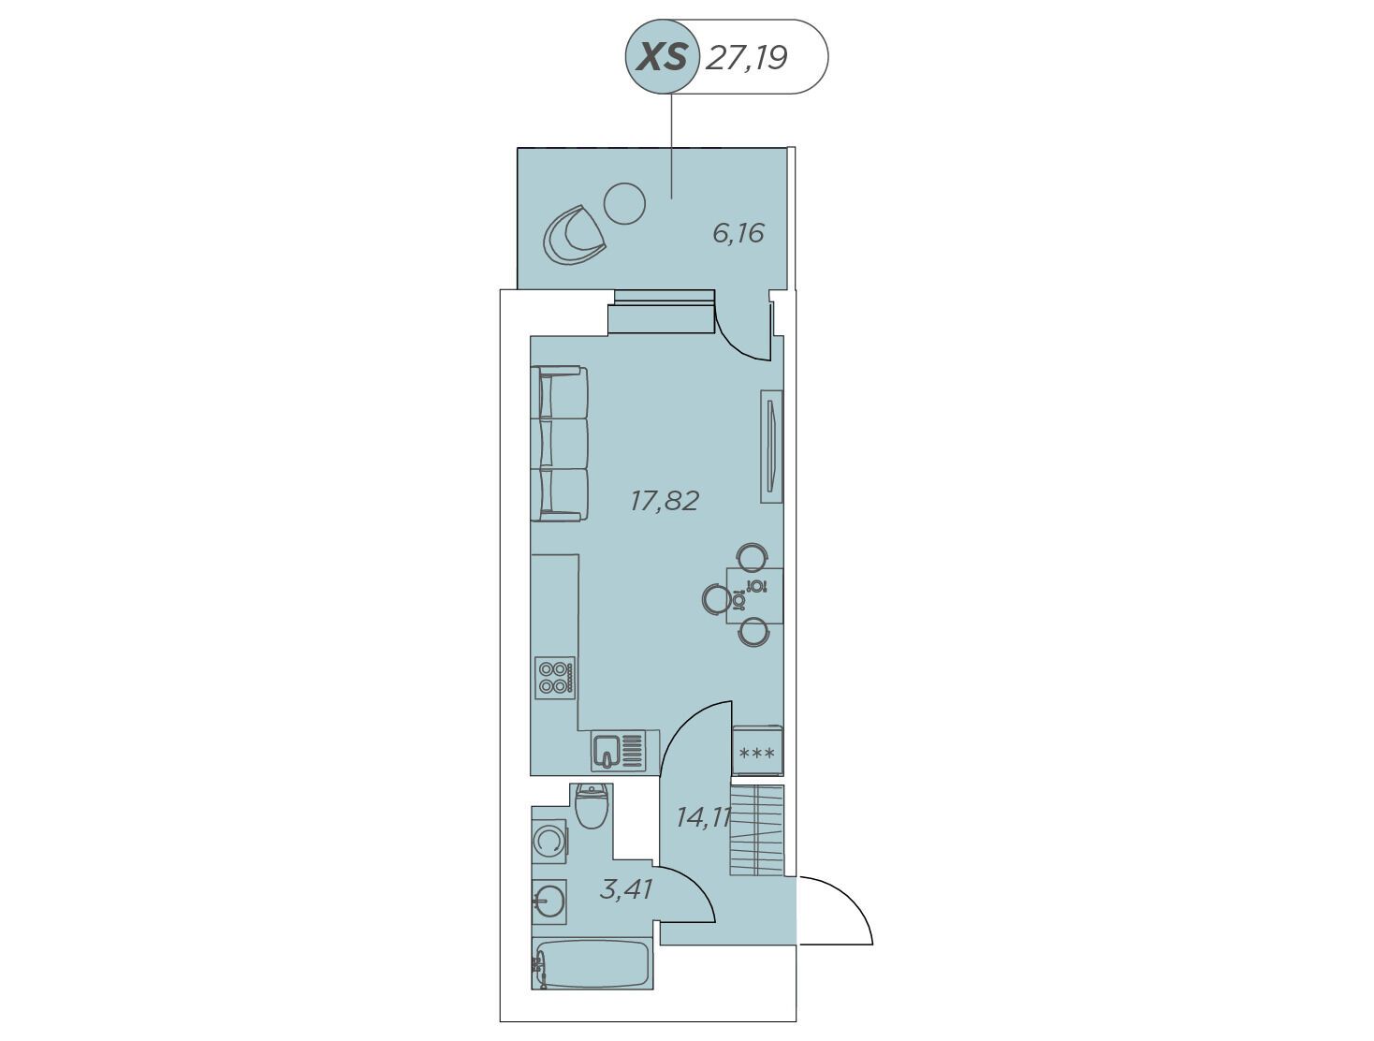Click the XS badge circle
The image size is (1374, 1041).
tap(663, 57)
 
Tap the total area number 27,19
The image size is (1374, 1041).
tap(746, 59)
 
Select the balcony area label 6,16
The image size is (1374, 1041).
tap(738, 233)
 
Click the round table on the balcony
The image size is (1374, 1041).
tap(624, 203)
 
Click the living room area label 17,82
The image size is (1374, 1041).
tap(665, 501)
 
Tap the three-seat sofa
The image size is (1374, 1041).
tap(559, 444)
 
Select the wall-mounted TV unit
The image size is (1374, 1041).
tap(771, 447)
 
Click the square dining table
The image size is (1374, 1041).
tap(754, 595)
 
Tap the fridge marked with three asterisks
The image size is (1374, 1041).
tap(757, 751)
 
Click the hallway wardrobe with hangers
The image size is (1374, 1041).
tap(757, 830)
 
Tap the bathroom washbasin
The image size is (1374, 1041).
tap(549, 902)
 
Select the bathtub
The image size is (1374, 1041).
tap(592, 962)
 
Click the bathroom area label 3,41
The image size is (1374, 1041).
tap(626, 889)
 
